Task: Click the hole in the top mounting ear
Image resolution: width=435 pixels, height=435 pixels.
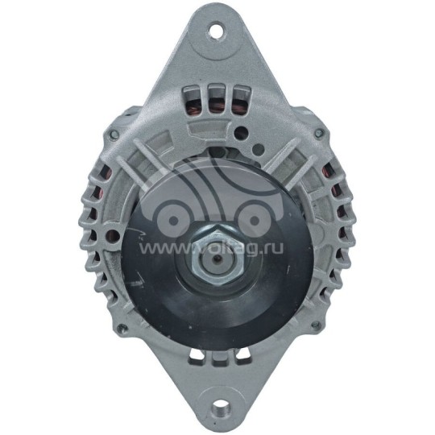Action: (216, 31)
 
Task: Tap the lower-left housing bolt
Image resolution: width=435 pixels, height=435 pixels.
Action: (118, 329)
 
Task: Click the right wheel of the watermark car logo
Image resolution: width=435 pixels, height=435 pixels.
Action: (252, 215)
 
